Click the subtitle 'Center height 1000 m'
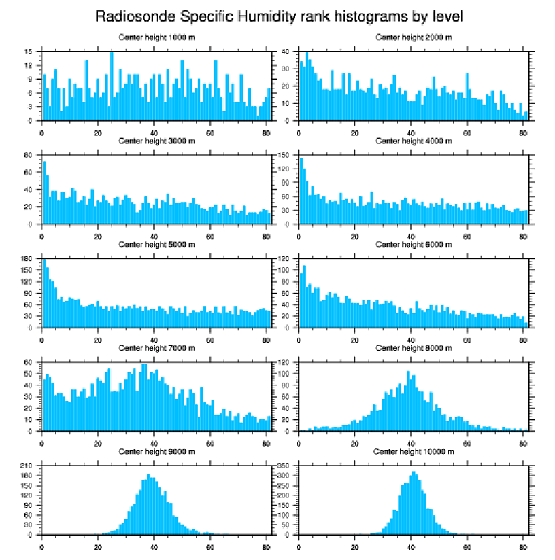click(156, 37)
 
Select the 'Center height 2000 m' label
click(414, 37)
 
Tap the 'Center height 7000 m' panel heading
click(156, 348)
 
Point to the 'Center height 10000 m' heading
click(414, 451)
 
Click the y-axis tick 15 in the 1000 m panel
click(29, 51)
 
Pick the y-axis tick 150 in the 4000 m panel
click(286, 155)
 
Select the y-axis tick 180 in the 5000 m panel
click(27, 259)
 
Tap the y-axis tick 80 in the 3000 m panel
click(29, 155)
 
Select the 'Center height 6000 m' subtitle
click(414, 244)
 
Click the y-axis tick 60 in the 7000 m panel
click(29, 362)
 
